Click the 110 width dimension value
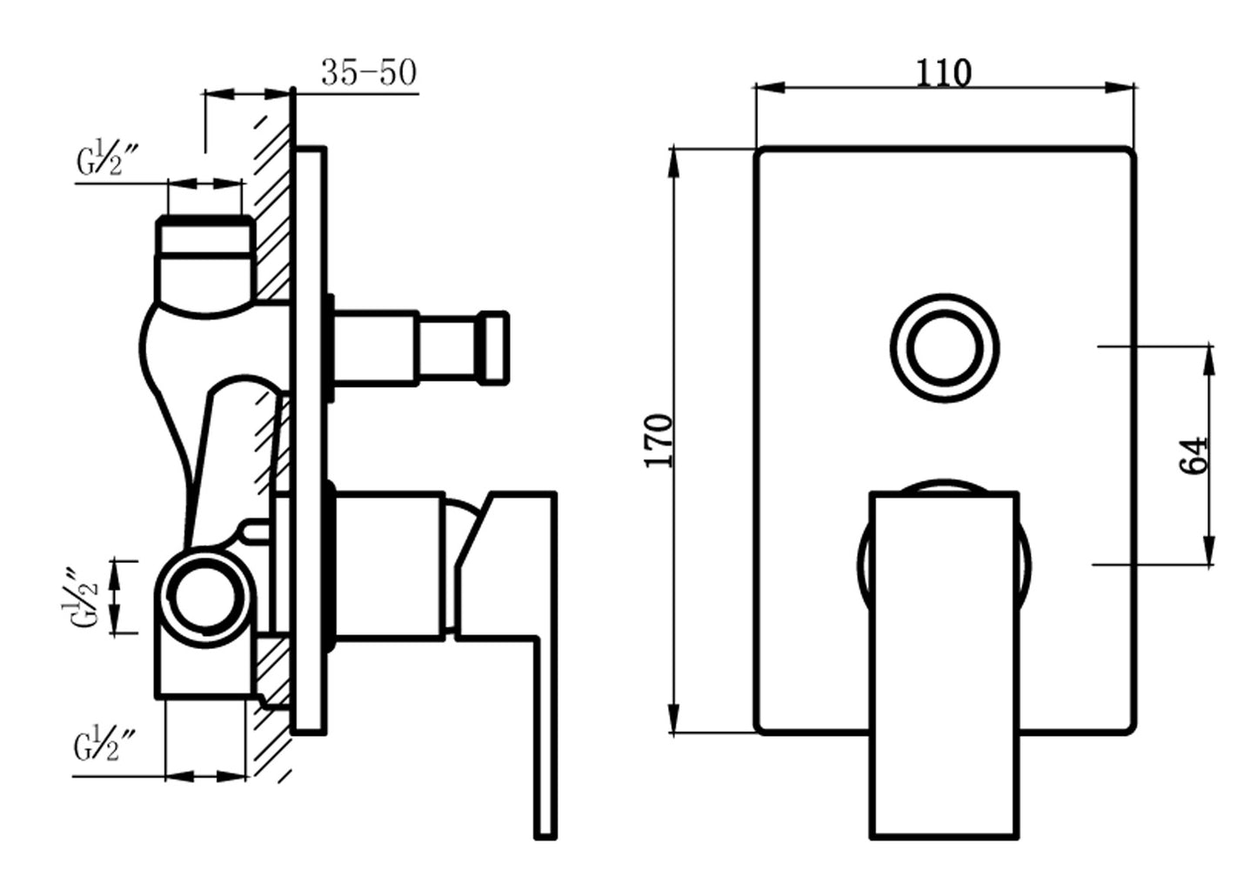(943, 73)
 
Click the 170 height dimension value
(659, 440)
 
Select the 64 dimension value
(1192, 455)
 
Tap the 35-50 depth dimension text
(369, 72)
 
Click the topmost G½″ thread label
(107, 160)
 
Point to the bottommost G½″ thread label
(104, 744)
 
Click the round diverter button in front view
(945, 349)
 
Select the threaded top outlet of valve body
(205, 236)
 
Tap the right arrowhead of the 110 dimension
(1120, 88)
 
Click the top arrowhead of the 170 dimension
(673, 163)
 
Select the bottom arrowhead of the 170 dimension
(673, 719)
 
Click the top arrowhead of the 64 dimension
(1210, 361)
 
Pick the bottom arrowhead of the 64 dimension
(1210, 551)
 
